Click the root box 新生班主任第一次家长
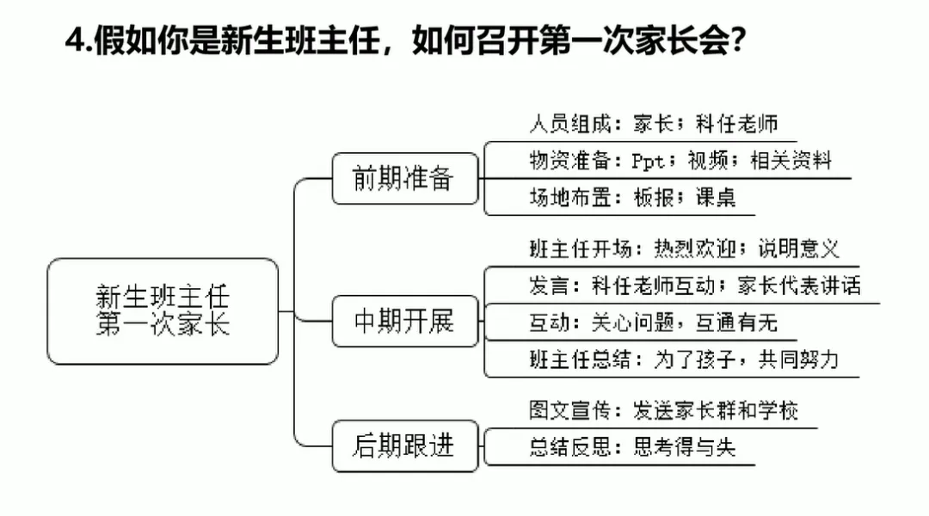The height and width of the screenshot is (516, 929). point(163,310)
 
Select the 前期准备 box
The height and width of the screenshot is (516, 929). point(403,178)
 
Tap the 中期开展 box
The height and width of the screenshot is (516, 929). point(403,322)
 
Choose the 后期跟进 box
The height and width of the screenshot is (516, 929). point(403,446)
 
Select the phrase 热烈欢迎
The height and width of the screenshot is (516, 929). point(696,249)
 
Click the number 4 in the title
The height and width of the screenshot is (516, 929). point(74,40)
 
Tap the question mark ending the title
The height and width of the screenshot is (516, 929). point(736,40)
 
